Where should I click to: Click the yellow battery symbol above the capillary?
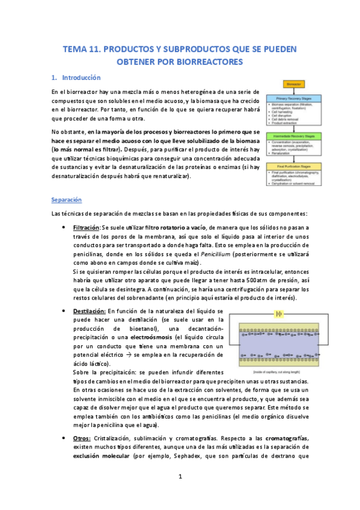point(278,313)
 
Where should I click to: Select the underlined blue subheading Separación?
point(66,199)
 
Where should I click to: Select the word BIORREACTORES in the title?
point(206,61)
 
